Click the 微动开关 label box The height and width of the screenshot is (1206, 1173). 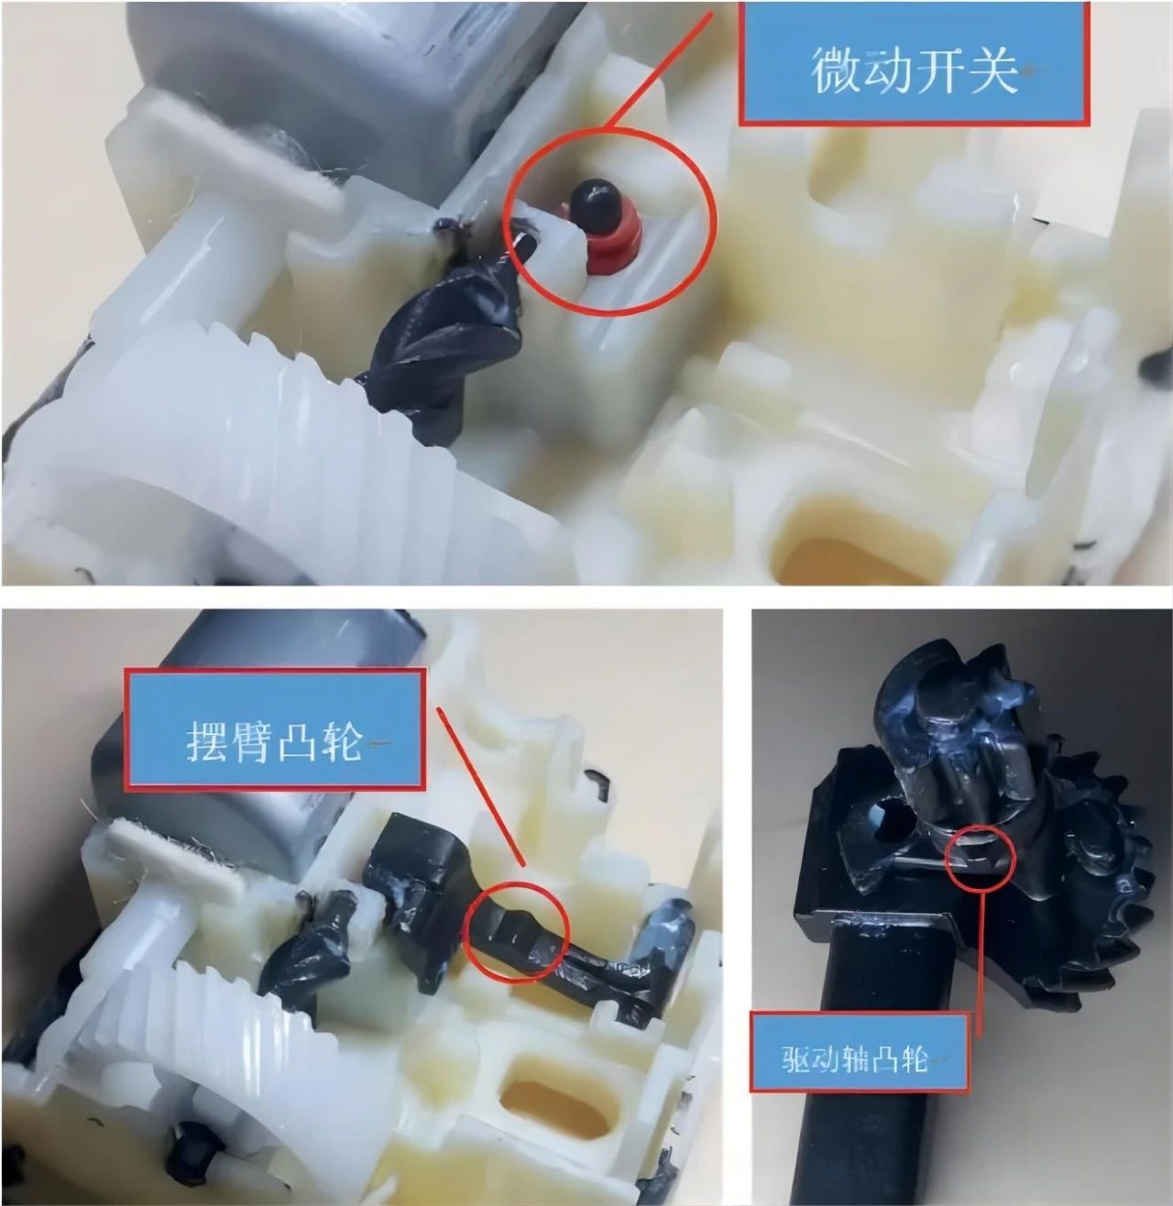click(x=914, y=63)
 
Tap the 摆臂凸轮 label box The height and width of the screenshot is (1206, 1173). click(x=276, y=729)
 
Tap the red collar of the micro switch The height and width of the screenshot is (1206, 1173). click(x=603, y=246)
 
